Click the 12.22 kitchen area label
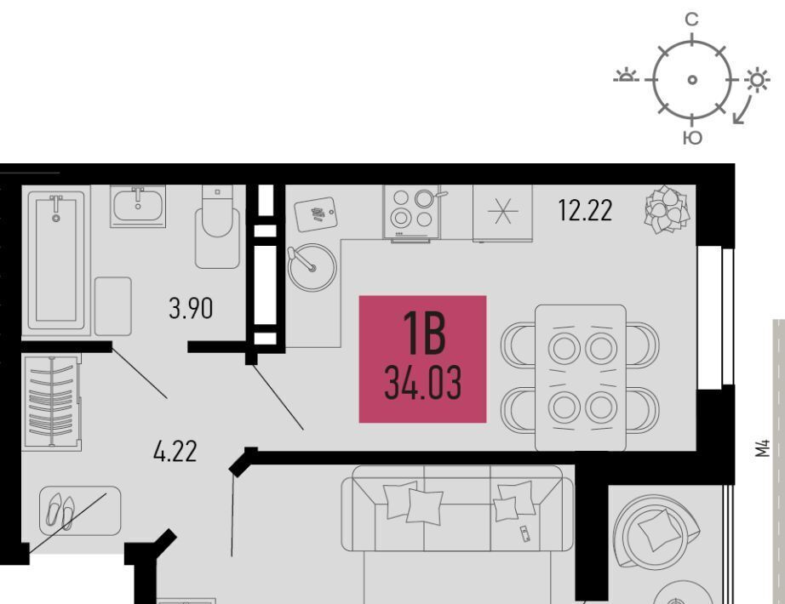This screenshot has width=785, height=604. [x=585, y=211]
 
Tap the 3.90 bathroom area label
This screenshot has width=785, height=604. [x=191, y=308]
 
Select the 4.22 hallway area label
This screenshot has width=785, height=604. [x=175, y=452]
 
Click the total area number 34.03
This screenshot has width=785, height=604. [x=423, y=383]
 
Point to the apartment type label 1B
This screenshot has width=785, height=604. [x=424, y=333]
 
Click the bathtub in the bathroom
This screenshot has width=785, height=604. [x=56, y=260]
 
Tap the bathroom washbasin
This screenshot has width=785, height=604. [x=138, y=206]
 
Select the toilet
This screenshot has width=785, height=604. [x=217, y=226]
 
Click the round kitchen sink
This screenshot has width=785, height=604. [x=312, y=268]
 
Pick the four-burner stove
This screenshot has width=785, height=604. [x=411, y=212]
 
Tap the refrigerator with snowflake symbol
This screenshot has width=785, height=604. [x=502, y=214]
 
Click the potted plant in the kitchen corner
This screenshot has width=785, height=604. [x=667, y=209]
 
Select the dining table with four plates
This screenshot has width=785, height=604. [x=581, y=378]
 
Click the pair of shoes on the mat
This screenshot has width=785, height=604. [x=60, y=510]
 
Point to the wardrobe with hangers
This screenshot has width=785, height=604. [x=52, y=402]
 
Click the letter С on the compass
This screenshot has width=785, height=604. [x=691, y=20]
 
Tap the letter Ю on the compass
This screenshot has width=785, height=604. [x=692, y=138]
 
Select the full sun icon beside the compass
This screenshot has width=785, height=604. [x=756, y=80]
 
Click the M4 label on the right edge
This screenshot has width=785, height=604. [x=762, y=448]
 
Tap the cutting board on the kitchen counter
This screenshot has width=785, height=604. [x=316, y=214]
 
